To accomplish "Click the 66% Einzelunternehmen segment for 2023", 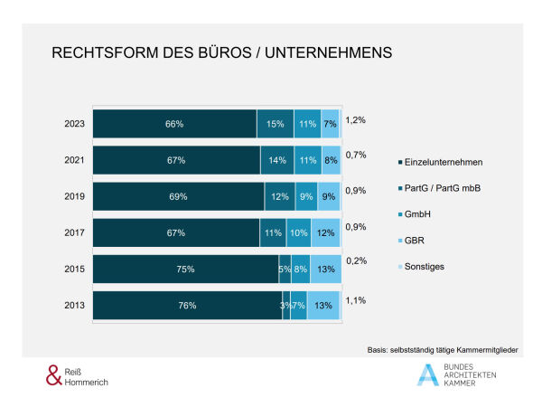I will click(x=175, y=124).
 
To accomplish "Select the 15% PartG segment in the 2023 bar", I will click(x=276, y=124).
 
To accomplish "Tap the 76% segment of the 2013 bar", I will click(x=187, y=306).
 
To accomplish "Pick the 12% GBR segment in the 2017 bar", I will click(x=326, y=232).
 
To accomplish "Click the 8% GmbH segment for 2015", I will click(x=301, y=269).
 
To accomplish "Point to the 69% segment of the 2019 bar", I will click(x=179, y=196).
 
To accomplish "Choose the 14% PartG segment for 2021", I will click(x=277, y=160).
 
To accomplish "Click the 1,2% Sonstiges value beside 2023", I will click(x=356, y=119).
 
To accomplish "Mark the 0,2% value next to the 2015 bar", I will click(x=356, y=260).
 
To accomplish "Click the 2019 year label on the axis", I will click(x=76, y=196).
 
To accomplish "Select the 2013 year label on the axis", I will click(x=76, y=306).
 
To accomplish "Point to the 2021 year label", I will click(x=76, y=160).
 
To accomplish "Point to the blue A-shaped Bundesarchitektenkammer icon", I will click(x=427, y=374).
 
